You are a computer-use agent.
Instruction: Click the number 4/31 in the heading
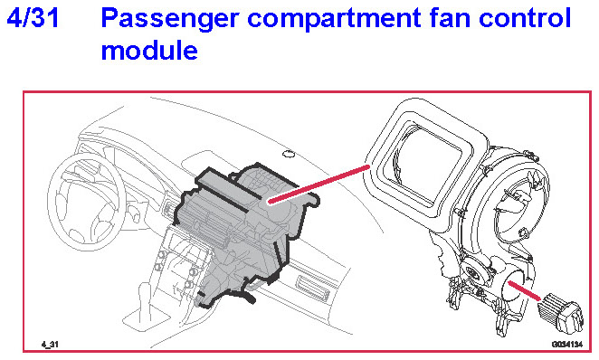(x=33, y=18)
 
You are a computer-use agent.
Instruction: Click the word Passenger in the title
(x=170, y=20)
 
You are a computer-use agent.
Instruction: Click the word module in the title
(x=149, y=50)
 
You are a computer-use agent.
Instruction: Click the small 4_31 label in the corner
(x=50, y=345)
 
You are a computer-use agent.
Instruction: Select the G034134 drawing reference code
(x=567, y=345)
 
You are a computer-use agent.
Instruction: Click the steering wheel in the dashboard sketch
(x=86, y=201)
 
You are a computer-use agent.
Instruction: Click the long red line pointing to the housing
(x=319, y=184)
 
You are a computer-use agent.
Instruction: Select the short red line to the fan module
(x=524, y=290)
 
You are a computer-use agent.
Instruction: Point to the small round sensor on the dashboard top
(x=290, y=154)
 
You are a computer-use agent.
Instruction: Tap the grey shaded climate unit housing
(x=244, y=232)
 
